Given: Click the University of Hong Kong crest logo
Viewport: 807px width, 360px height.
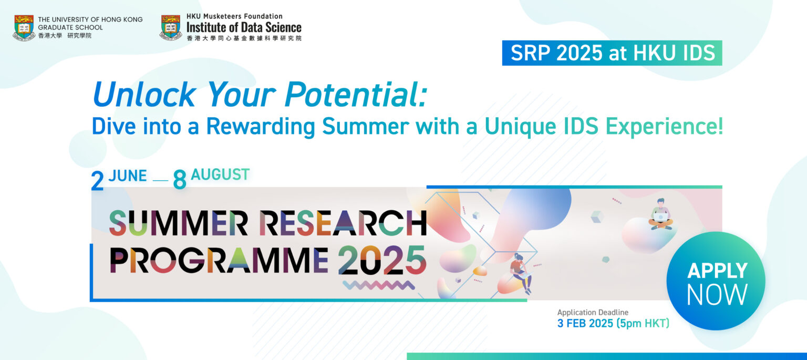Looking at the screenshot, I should (24, 27).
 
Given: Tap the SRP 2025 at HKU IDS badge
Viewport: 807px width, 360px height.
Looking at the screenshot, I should (612, 53).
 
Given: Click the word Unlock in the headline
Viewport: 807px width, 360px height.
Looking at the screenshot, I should (144, 95).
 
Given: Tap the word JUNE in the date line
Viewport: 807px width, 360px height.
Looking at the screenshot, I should (128, 176).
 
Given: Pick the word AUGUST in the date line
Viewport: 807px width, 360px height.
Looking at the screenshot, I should (220, 174).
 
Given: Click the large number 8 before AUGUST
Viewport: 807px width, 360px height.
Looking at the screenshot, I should (180, 180).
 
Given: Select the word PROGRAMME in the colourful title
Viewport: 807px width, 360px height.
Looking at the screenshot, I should (219, 261).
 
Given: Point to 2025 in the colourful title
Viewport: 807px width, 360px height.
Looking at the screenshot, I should (381, 261).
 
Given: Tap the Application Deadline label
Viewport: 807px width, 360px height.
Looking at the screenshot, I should (593, 313).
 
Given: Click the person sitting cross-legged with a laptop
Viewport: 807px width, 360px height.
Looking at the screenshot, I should (660, 214).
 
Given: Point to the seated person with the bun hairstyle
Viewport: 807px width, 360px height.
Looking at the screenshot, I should (520, 272).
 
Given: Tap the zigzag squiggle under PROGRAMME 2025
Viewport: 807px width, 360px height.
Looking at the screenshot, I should (378, 285).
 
